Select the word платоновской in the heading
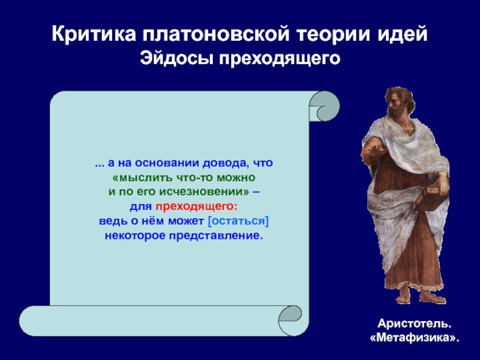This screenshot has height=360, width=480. point(215,34)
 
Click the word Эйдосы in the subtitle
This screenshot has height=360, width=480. point(176,58)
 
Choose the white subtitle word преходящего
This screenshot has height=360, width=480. point(280,59)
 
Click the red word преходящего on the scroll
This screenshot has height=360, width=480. point(196,207)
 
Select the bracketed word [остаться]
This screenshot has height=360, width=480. point(238,221)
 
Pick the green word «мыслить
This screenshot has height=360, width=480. point(142,178)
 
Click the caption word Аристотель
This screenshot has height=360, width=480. point(415,323)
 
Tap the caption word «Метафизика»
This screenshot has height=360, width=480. point(415,338)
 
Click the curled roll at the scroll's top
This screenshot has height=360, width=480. point(324,106)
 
